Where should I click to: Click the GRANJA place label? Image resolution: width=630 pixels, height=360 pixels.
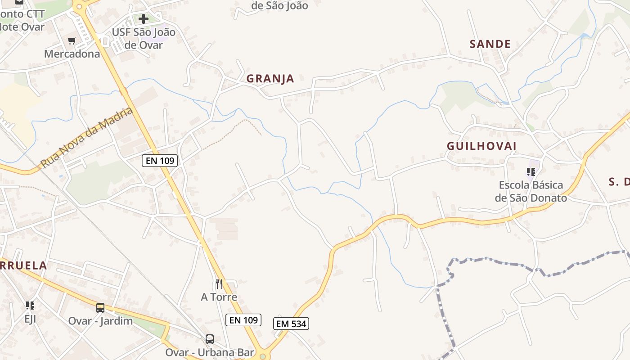pyautogui.click(x=270, y=79)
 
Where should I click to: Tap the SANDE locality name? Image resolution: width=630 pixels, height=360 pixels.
pyautogui.click(x=490, y=44)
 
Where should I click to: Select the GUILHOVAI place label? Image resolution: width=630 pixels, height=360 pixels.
pyautogui.click(x=481, y=146)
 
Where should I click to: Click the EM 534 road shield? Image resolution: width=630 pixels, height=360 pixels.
pyautogui.click(x=291, y=324)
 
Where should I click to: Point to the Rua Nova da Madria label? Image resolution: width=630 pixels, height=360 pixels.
pyautogui.click(x=87, y=138)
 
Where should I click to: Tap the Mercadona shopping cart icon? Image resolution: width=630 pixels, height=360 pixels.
pyautogui.click(x=72, y=41)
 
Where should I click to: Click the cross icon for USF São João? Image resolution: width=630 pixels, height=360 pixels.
pyautogui.click(x=144, y=19)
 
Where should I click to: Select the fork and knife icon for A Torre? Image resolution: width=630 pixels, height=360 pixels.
pyautogui.click(x=219, y=283)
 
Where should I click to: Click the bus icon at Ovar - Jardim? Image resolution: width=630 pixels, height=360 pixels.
pyautogui.click(x=100, y=308)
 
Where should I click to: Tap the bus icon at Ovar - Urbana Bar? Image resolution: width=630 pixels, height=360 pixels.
pyautogui.click(x=210, y=339)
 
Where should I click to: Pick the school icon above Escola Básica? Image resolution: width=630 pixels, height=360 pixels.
pyautogui.click(x=531, y=171)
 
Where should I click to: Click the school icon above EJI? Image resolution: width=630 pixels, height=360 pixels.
pyautogui.click(x=30, y=306)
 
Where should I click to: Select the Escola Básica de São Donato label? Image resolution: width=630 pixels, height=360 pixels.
pyautogui.click(x=531, y=191)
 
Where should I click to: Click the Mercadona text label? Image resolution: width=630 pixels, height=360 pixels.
pyautogui.click(x=72, y=54)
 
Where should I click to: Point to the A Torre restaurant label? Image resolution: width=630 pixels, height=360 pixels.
pyautogui.click(x=219, y=297)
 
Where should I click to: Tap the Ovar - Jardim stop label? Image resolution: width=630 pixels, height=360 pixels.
pyautogui.click(x=100, y=321)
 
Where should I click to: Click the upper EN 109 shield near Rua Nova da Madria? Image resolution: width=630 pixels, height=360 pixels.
pyautogui.click(x=160, y=160)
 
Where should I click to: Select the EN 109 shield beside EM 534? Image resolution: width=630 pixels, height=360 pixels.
pyautogui.click(x=243, y=320)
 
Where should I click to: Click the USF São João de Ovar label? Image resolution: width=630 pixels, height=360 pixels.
pyautogui.click(x=144, y=39)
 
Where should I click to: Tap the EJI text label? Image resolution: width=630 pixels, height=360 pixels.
pyautogui.click(x=30, y=319)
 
